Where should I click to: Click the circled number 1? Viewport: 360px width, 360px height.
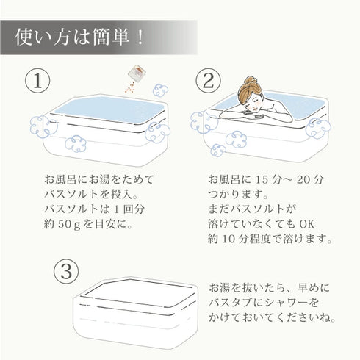tap(37, 81)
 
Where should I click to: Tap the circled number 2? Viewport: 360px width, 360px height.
tap(208, 81)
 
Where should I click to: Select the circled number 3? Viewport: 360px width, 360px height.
tap(66, 272)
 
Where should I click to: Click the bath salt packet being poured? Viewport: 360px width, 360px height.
tap(137, 73)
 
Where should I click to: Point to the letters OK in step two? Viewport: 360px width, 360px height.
tap(306, 224)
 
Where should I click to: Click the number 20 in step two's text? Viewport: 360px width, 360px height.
tap(303, 180)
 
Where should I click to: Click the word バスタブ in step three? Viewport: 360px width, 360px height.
tap(230, 303)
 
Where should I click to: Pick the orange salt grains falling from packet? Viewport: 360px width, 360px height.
tap(130, 87)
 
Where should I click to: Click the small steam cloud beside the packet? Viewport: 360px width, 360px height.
tap(161, 90)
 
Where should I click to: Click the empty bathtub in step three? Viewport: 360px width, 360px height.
tap(135, 313)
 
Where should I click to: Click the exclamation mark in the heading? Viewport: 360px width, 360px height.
tap(140, 38)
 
